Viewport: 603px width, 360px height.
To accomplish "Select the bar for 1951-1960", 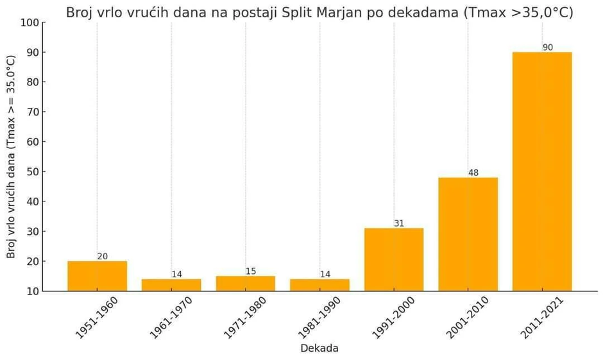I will (x=97, y=276).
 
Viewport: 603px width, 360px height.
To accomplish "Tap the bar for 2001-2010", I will (x=468, y=234).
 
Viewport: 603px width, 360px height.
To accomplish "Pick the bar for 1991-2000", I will (x=394, y=259).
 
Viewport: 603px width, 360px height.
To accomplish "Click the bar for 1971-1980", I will (x=245, y=283).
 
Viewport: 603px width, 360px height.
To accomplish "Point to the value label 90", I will (x=548, y=47).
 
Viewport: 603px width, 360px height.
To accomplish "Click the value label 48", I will (x=473, y=173).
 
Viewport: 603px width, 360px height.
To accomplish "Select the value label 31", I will (x=399, y=223).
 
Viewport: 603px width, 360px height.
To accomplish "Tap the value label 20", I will (x=103, y=257).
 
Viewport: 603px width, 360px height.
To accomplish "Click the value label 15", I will (x=251, y=271).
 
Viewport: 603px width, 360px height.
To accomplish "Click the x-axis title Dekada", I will (x=319, y=348).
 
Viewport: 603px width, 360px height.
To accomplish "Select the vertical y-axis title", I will (x=11, y=157).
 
